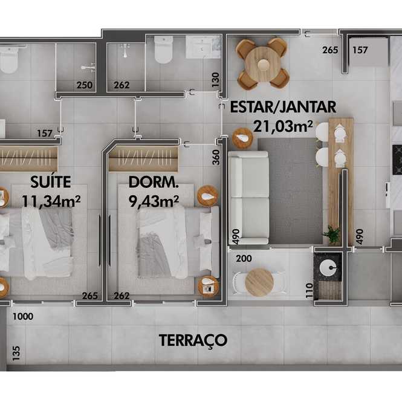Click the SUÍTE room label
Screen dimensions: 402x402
tap(51, 182)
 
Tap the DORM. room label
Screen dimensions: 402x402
tap(154, 182)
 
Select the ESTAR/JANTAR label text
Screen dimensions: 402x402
tap(283, 107)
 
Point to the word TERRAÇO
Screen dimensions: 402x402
tap(193, 340)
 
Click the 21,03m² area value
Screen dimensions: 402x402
tap(283, 126)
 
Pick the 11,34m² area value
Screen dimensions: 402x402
tap(51, 201)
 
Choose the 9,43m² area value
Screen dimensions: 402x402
tap(154, 201)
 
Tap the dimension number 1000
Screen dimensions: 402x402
tap(23, 316)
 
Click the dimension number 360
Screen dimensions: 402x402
tap(216, 157)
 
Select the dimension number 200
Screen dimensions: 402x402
tap(244, 259)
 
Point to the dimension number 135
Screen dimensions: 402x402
tap(16, 353)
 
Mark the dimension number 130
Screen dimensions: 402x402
tap(216, 80)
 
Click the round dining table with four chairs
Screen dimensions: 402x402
tap(262, 64)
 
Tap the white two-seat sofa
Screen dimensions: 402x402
tap(248, 198)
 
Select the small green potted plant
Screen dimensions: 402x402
tap(332, 234)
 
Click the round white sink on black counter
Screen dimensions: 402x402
tap(328, 268)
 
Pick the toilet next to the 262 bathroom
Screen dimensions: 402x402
tap(163, 50)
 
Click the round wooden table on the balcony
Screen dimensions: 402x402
tap(259, 282)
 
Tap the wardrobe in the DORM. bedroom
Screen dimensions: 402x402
tap(143, 158)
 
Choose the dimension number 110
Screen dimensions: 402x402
tap(310, 291)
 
